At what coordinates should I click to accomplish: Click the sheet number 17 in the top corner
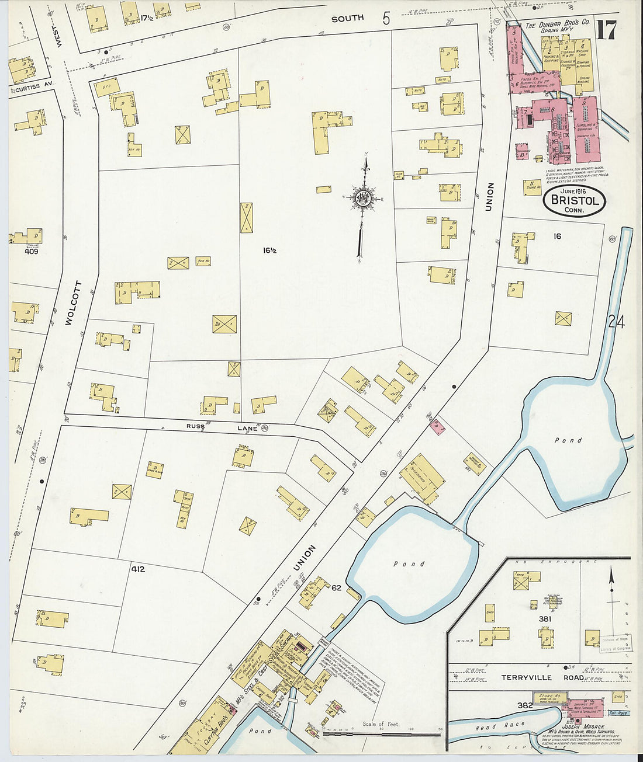pos(606,30)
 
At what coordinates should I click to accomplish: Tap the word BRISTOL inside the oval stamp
pos(575,201)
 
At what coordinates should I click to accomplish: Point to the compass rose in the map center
pos(362,199)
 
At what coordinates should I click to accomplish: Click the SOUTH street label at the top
pos(347,19)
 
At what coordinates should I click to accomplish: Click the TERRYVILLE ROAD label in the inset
pos(542,677)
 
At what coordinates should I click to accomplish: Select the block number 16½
pos(269,250)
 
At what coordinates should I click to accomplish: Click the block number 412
pos(138,569)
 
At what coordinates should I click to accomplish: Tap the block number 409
pos(31,252)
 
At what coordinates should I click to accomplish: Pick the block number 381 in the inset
pos(545,618)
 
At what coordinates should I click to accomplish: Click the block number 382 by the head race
pos(524,705)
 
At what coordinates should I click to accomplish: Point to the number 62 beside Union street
pos(336,587)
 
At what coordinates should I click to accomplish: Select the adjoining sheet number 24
pos(616,322)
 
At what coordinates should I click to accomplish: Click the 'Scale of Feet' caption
pos(381,724)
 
